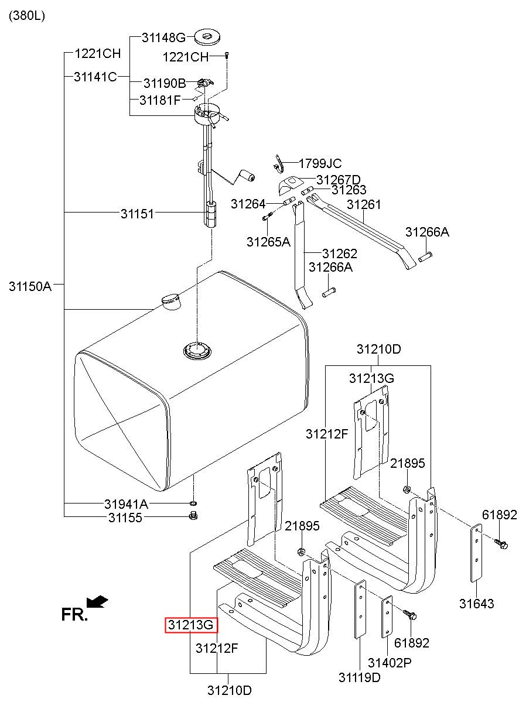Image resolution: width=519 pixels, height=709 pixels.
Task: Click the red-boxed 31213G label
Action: (191, 625)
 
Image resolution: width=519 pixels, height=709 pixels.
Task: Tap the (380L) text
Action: (26, 16)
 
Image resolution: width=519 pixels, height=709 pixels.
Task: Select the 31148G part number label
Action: (163, 38)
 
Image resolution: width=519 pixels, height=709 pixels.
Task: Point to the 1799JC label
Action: (320, 164)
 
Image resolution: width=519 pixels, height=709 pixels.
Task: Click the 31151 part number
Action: (138, 214)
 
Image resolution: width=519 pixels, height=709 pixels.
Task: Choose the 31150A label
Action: (30, 286)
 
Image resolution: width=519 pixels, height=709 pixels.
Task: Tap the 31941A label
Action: (126, 504)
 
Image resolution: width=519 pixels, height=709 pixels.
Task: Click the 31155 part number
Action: (125, 518)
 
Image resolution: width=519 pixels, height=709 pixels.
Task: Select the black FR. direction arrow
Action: (97, 601)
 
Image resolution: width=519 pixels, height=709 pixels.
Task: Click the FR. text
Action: (74, 614)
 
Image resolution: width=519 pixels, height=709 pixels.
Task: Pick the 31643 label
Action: (476, 604)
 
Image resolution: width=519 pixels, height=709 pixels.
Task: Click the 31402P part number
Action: (390, 663)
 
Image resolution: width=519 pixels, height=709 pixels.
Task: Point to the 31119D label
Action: (359, 677)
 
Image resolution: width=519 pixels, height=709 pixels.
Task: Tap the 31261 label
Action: (364, 204)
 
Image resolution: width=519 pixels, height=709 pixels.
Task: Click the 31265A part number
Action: (268, 241)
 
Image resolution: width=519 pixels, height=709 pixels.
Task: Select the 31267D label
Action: (339, 179)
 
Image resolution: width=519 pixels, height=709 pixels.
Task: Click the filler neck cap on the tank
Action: (170, 301)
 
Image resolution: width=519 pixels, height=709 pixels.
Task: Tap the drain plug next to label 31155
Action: (193, 516)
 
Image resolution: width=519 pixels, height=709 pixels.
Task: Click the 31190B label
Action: (165, 83)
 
